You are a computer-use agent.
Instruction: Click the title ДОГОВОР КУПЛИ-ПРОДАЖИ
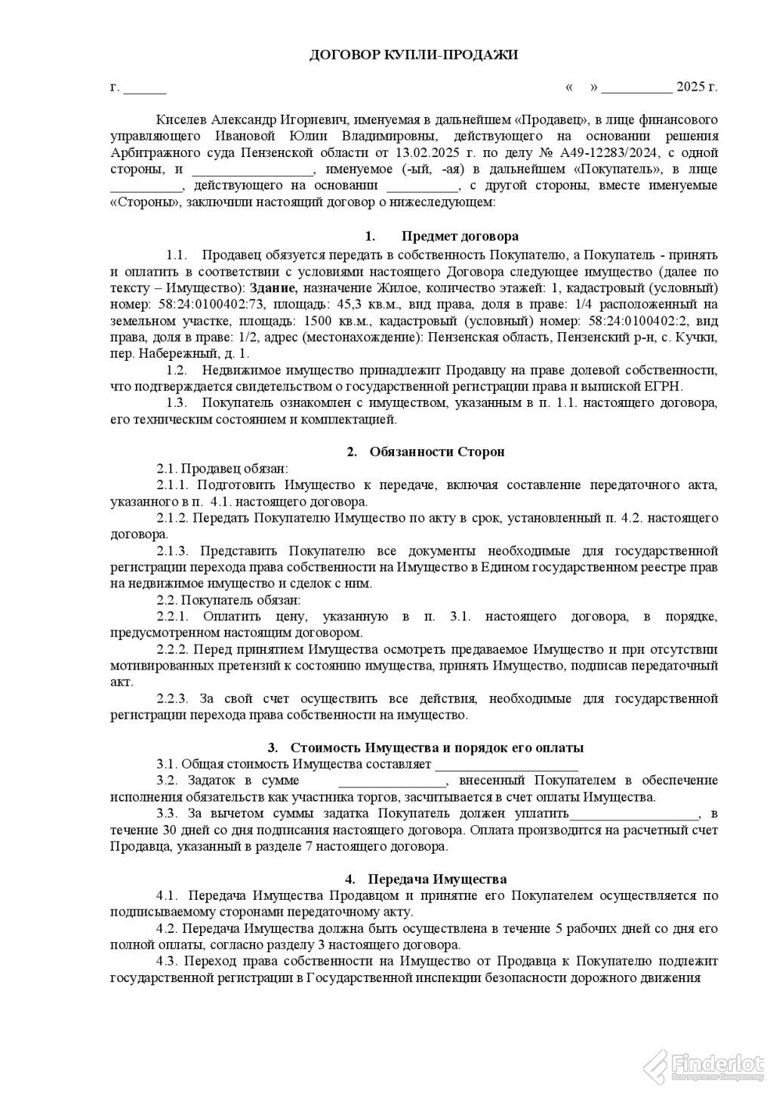tap(414, 55)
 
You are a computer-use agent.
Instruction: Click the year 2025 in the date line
tap(691, 88)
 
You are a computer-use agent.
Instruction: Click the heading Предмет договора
tap(460, 236)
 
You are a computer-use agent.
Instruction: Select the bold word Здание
tap(274, 288)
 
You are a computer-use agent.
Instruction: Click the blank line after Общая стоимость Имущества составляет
tap(497, 766)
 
